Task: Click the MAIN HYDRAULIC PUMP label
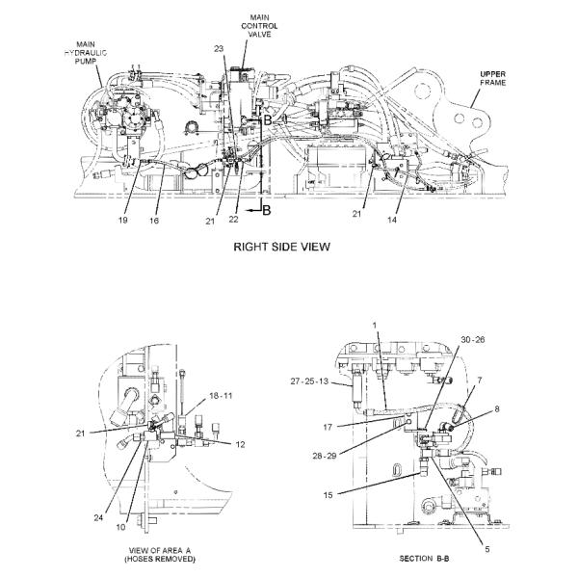coord(86,53)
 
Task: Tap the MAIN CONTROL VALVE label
coord(259,26)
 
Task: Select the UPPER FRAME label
coord(493,78)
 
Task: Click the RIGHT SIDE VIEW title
coord(281,247)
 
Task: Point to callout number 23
coord(219,48)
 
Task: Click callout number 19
coord(122,220)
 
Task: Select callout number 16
coord(154,220)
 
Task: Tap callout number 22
coord(233,219)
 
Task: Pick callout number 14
coord(392,220)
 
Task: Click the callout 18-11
coord(221,396)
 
